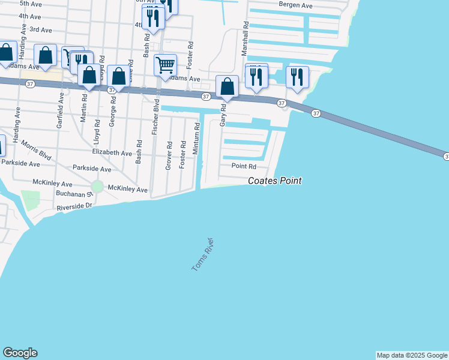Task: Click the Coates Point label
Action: [275, 181]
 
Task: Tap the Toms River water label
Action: [203, 255]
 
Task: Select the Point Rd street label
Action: [244, 166]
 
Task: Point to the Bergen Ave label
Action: [296, 5]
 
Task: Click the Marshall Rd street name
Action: [245, 41]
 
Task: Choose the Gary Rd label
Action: [223, 114]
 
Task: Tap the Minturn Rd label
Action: [196, 139]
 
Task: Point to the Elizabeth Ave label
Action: [112, 153]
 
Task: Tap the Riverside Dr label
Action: [74, 207]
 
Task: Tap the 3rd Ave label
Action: [40, 29]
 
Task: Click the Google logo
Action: [20, 353]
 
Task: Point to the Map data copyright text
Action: [412, 355]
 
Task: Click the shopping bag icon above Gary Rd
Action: [228, 86]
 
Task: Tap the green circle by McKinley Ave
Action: [97, 187]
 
